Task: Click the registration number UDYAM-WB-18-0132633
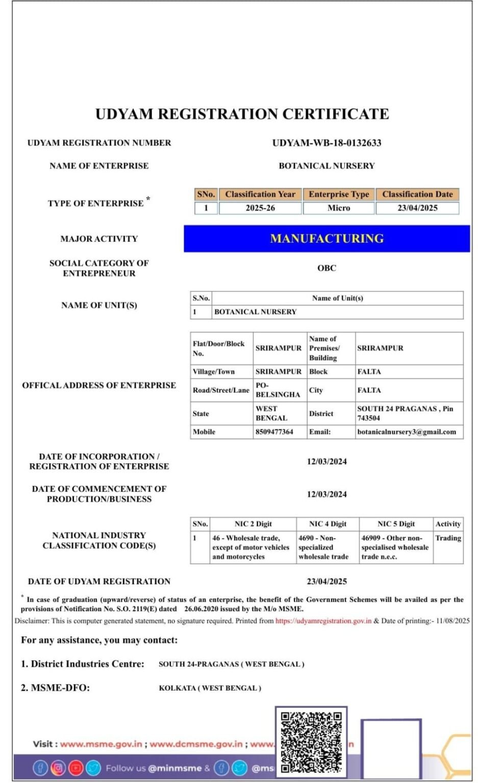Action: tap(326, 143)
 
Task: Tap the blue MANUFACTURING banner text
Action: tap(326, 239)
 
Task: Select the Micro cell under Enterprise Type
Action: tap(339, 208)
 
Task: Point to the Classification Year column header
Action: tap(260, 194)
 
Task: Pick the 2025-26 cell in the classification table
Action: tap(260, 208)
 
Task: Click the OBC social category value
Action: tap(326, 268)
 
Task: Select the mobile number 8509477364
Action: tap(274, 432)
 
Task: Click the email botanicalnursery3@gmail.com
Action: tap(407, 432)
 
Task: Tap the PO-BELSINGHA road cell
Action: tap(278, 390)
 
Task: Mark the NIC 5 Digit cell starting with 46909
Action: tap(395, 547)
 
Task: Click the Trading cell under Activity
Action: tap(448, 538)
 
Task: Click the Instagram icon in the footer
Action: tap(58, 768)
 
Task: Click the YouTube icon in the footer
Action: tap(76, 768)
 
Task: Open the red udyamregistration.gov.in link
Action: tap(323, 621)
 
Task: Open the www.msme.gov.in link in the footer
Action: tap(101, 744)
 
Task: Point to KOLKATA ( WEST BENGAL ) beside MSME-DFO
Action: tap(210, 688)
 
